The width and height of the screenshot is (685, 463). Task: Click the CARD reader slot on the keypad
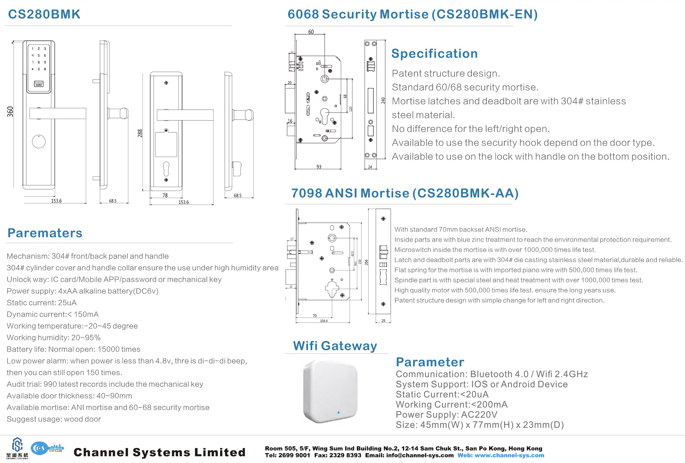point(39,84)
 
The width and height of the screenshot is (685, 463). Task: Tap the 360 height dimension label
point(10,111)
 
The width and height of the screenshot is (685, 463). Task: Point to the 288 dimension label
point(140,133)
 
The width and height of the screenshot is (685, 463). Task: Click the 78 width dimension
point(165,195)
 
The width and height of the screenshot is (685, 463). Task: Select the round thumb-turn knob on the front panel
point(39,142)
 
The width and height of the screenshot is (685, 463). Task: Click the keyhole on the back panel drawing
point(166,169)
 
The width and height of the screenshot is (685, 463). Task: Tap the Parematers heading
point(45,233)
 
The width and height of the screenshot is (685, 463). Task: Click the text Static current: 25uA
point(42,303)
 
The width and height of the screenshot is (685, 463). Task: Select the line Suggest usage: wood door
point(54,419)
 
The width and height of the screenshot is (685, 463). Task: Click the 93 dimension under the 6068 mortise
point(319,167)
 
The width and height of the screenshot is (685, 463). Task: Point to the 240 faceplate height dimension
point(383,100)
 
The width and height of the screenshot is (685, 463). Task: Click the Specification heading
point(434,54)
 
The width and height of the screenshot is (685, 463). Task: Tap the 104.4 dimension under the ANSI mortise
point(324,321)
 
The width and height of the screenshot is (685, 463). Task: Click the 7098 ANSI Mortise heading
point(405,193)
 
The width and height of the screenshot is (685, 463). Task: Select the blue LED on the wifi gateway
point(339,412)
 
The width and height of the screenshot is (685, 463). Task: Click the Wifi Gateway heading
point(335,346)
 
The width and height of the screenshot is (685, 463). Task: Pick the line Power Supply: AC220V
point(446,415)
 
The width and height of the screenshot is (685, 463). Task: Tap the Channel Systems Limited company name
point(160,452)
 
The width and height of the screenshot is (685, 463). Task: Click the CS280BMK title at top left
point(44,14)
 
